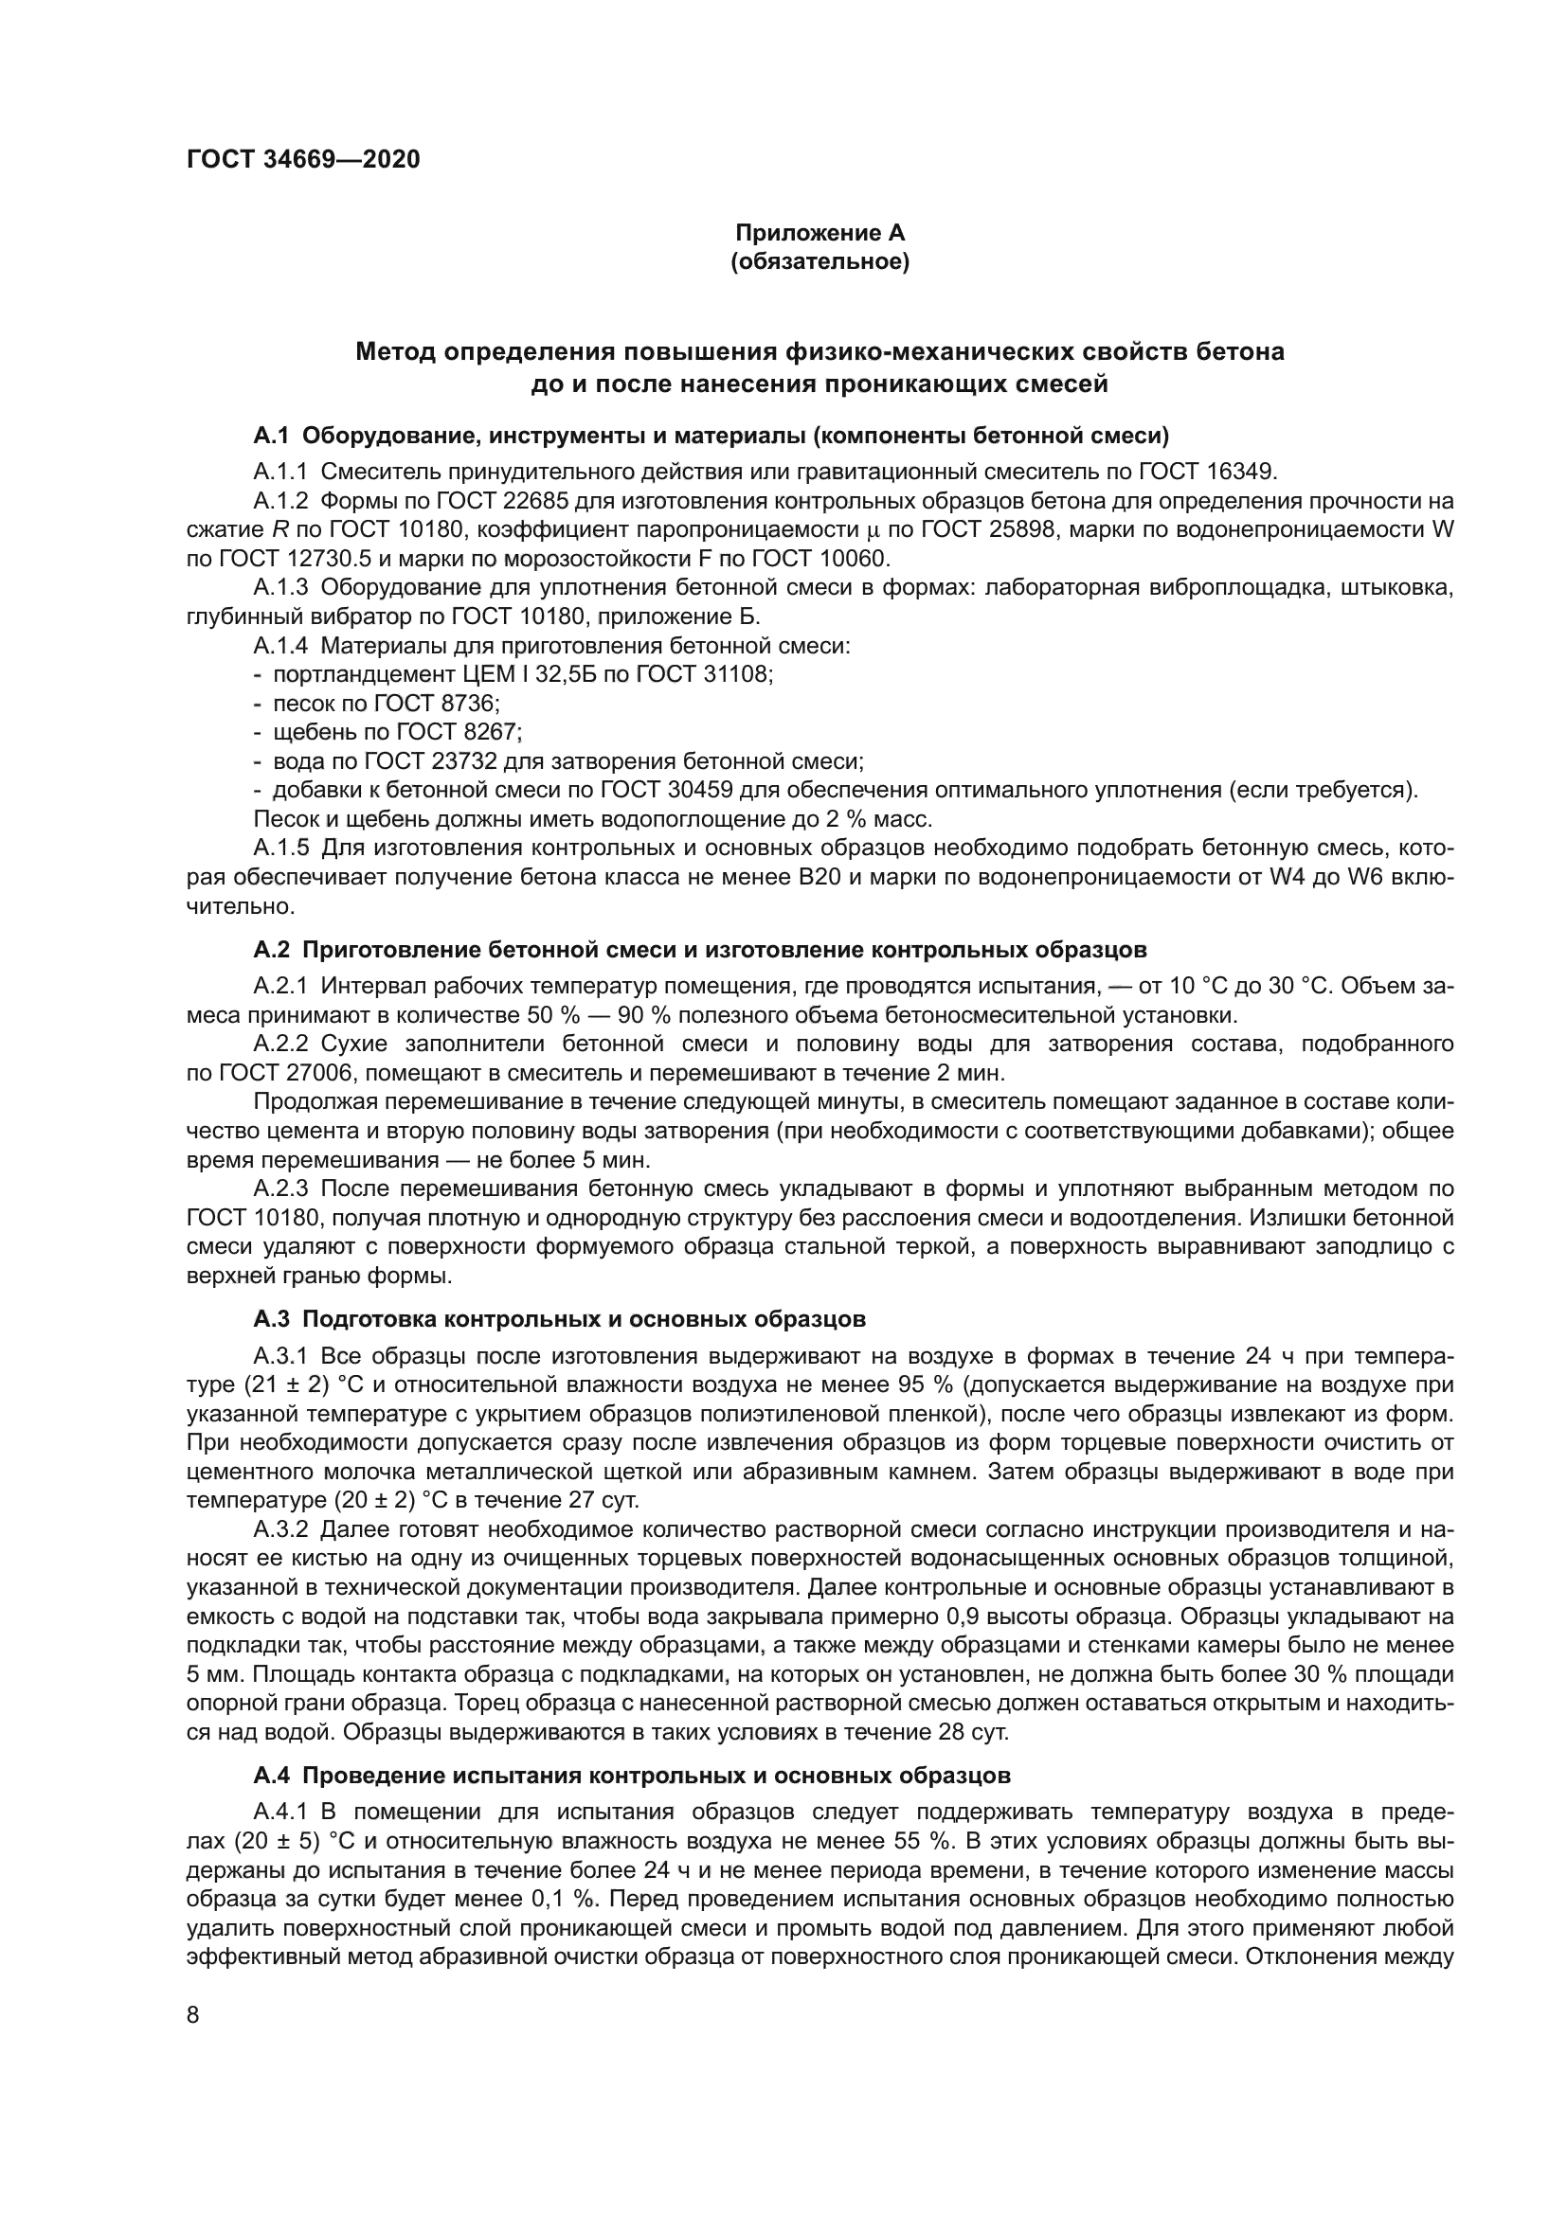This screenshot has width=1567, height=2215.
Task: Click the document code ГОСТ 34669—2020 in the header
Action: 303,160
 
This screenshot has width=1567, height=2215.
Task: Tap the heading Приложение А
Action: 820,233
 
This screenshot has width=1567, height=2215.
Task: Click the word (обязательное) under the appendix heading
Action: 820,261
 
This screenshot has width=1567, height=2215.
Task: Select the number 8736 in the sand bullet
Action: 468,704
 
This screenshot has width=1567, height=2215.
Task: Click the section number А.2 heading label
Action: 271,949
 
